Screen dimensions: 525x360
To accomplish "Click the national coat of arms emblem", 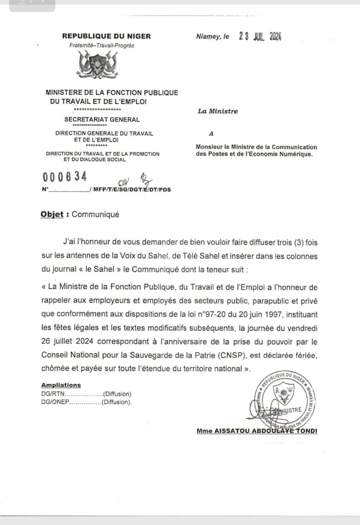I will (x=99, y=65).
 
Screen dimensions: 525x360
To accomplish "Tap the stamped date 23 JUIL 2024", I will (x=260, y=36).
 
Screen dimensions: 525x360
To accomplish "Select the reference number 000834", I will (x=65, y=177).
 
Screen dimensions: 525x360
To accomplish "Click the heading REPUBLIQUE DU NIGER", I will (x=106, y=36).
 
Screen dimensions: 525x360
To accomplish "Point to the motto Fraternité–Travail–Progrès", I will (x=102, y=46).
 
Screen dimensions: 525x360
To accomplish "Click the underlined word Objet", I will (x=52, y=214).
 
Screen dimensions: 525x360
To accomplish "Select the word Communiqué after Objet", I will (x=95, y=214).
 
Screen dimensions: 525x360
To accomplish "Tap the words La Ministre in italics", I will (x=218, y=111).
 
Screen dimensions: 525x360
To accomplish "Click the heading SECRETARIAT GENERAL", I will (x=102, y=120).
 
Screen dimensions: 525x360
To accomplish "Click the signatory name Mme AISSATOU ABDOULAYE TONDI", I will (x=257, y=431).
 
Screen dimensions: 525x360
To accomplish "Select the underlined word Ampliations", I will (x=61, y=385).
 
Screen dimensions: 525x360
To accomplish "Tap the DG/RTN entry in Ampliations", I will (x=53, y=394).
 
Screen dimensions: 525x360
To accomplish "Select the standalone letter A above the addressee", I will (x=211, y=133).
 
